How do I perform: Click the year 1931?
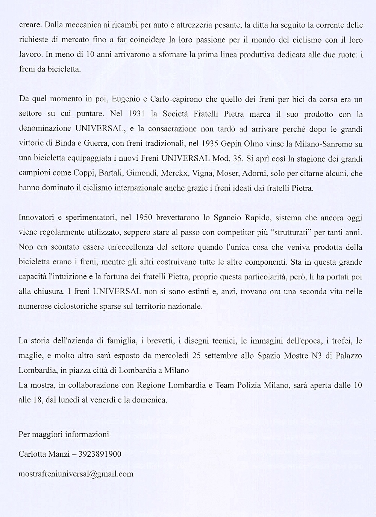point(134,114)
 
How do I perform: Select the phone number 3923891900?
point(100,454)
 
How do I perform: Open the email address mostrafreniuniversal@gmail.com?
point(76,474)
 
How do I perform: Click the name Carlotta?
point(32,454)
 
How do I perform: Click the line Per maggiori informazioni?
point(64,435)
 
